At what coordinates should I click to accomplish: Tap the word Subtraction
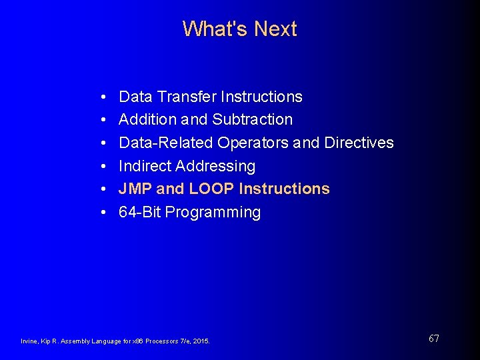(253, 120)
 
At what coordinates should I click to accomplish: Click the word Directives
(359, 143)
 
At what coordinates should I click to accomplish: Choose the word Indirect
(144, 166)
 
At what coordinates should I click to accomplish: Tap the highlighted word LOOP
(212, 189)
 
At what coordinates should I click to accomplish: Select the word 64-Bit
(139, 213)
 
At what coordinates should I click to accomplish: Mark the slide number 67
(433, 339)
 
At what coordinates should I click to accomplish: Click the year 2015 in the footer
(201, 341)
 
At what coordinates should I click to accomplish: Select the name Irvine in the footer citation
(30, 341)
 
